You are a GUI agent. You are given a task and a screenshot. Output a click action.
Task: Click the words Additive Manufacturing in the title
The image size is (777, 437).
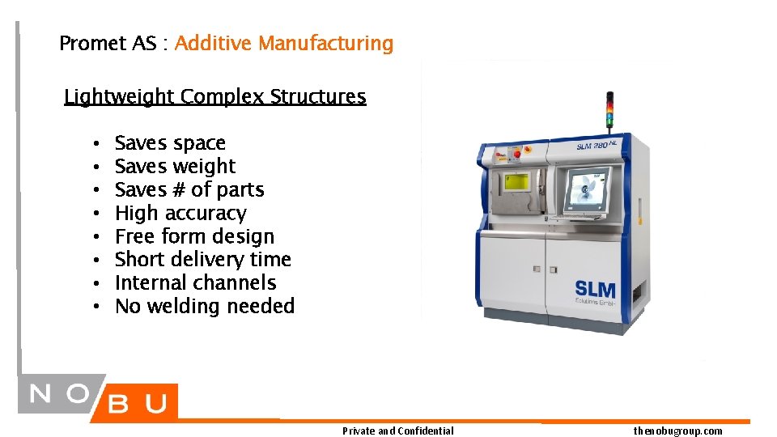click(284, 43)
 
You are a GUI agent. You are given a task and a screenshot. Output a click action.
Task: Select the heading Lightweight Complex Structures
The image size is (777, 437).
click(215, 96)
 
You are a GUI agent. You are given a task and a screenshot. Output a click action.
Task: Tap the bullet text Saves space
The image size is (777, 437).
click(170, 143)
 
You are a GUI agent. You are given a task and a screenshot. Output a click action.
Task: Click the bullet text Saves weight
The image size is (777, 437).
click(175, 167)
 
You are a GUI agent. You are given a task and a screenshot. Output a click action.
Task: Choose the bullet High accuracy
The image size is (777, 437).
click(180, 214)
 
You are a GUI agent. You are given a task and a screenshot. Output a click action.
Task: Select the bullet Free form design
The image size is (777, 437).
click(194, 236)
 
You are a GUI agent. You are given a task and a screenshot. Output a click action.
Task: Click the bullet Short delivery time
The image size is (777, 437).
click(202, 259)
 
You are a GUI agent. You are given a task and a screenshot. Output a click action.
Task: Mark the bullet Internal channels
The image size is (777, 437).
click(195, 282)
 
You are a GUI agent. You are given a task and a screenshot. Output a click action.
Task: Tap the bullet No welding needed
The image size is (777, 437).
click(205, 306)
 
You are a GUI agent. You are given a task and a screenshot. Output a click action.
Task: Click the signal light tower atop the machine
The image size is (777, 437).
click(610, 112)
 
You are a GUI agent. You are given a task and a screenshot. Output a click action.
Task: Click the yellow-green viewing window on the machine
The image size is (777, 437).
click(517, 181)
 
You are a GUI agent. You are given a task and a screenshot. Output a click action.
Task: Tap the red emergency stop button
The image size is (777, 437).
click(517, 155)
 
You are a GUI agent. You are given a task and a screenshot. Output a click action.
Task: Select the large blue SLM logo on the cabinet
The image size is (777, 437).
click(595, 289)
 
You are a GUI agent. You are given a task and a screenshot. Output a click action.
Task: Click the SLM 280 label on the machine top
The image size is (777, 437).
click(597, 145)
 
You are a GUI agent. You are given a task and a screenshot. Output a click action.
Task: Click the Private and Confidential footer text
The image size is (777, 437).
click(398, 431)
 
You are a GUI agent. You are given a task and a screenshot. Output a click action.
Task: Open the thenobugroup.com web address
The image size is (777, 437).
click(678, 431)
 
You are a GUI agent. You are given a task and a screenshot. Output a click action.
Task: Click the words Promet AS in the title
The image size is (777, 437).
click(108, 43)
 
